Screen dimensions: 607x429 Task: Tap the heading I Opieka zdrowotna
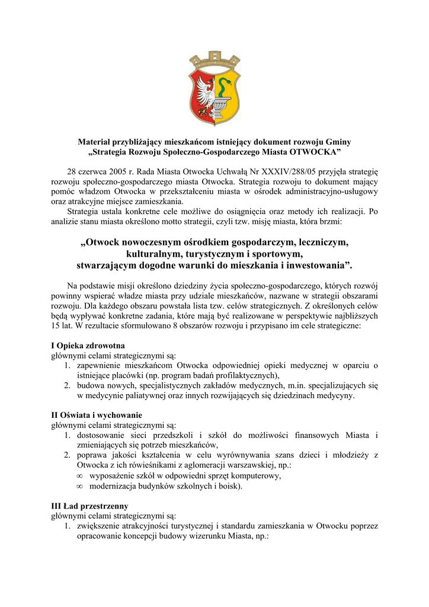click(x=86, y=346)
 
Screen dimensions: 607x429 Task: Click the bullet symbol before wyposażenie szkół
click(x=80, y=475)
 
